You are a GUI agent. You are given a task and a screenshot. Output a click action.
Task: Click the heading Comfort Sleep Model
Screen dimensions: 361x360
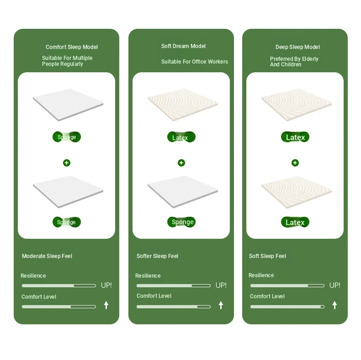[x=72, y=47]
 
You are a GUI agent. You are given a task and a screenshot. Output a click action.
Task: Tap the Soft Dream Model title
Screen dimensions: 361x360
[x=183, y=46]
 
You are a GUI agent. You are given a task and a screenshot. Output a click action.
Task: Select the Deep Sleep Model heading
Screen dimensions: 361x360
[x=297, y=47]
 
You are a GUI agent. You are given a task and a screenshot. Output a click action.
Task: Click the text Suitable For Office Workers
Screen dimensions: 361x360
[x=195, y=62]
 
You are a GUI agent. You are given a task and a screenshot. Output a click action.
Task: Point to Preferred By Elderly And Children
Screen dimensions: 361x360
[x=294, y=62]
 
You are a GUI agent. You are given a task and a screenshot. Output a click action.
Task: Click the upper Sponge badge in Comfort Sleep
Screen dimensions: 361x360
[x=67, y=137]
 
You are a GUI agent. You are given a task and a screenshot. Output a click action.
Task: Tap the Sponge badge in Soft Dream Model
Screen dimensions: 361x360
[x=181, y=222]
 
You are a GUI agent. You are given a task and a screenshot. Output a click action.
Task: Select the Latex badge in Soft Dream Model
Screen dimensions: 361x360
[x=181, y=137]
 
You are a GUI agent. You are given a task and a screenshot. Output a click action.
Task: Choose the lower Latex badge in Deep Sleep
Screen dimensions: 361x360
[x=295, y=222]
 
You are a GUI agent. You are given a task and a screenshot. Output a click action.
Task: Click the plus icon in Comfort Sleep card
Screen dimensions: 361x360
[x=67, y=163]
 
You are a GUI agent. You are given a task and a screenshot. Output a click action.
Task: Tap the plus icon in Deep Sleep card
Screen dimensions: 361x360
[x=295, y=163]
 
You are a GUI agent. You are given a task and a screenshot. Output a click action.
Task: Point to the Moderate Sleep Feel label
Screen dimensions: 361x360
[x=47, y=256]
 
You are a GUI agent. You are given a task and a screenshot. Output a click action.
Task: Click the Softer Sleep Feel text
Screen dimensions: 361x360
[x=157, y=256]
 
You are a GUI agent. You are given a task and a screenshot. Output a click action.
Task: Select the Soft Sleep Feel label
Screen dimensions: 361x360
[x=267, y=256]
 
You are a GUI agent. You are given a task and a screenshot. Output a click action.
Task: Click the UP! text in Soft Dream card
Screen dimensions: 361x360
[x=221, y=285]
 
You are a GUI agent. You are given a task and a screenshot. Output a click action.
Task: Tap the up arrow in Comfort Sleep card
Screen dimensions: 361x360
[x=106, y=305]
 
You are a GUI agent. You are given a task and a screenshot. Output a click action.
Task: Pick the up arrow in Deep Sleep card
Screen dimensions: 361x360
[x=335, y=305]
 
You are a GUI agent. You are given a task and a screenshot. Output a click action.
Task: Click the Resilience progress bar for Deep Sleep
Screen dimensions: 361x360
[x=287, y=286]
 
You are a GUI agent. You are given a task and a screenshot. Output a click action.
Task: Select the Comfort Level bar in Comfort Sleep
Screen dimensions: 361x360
[x=59, y=307]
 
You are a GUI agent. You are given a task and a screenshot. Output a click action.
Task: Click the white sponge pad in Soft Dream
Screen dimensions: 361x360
[x=183, y=192]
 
